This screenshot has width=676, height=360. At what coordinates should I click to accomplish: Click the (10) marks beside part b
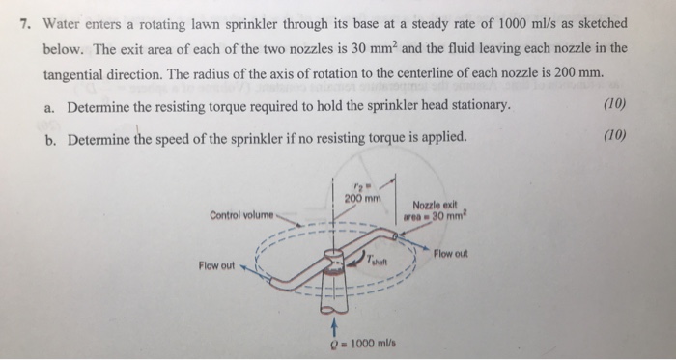click(x=612, y=136)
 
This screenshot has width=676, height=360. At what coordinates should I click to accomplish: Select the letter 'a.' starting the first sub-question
click(x=51, y=105)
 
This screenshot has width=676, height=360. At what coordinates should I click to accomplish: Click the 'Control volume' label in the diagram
click(x=241, y=213)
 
